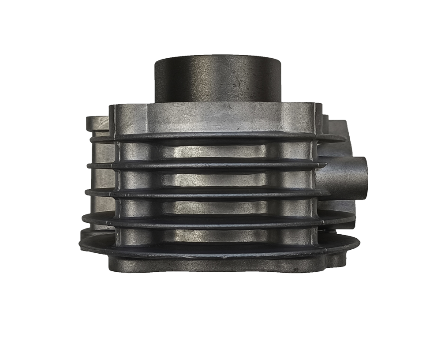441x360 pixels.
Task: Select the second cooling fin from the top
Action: [x=207, y=165]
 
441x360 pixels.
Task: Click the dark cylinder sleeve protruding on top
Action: [x=217, y=79]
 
